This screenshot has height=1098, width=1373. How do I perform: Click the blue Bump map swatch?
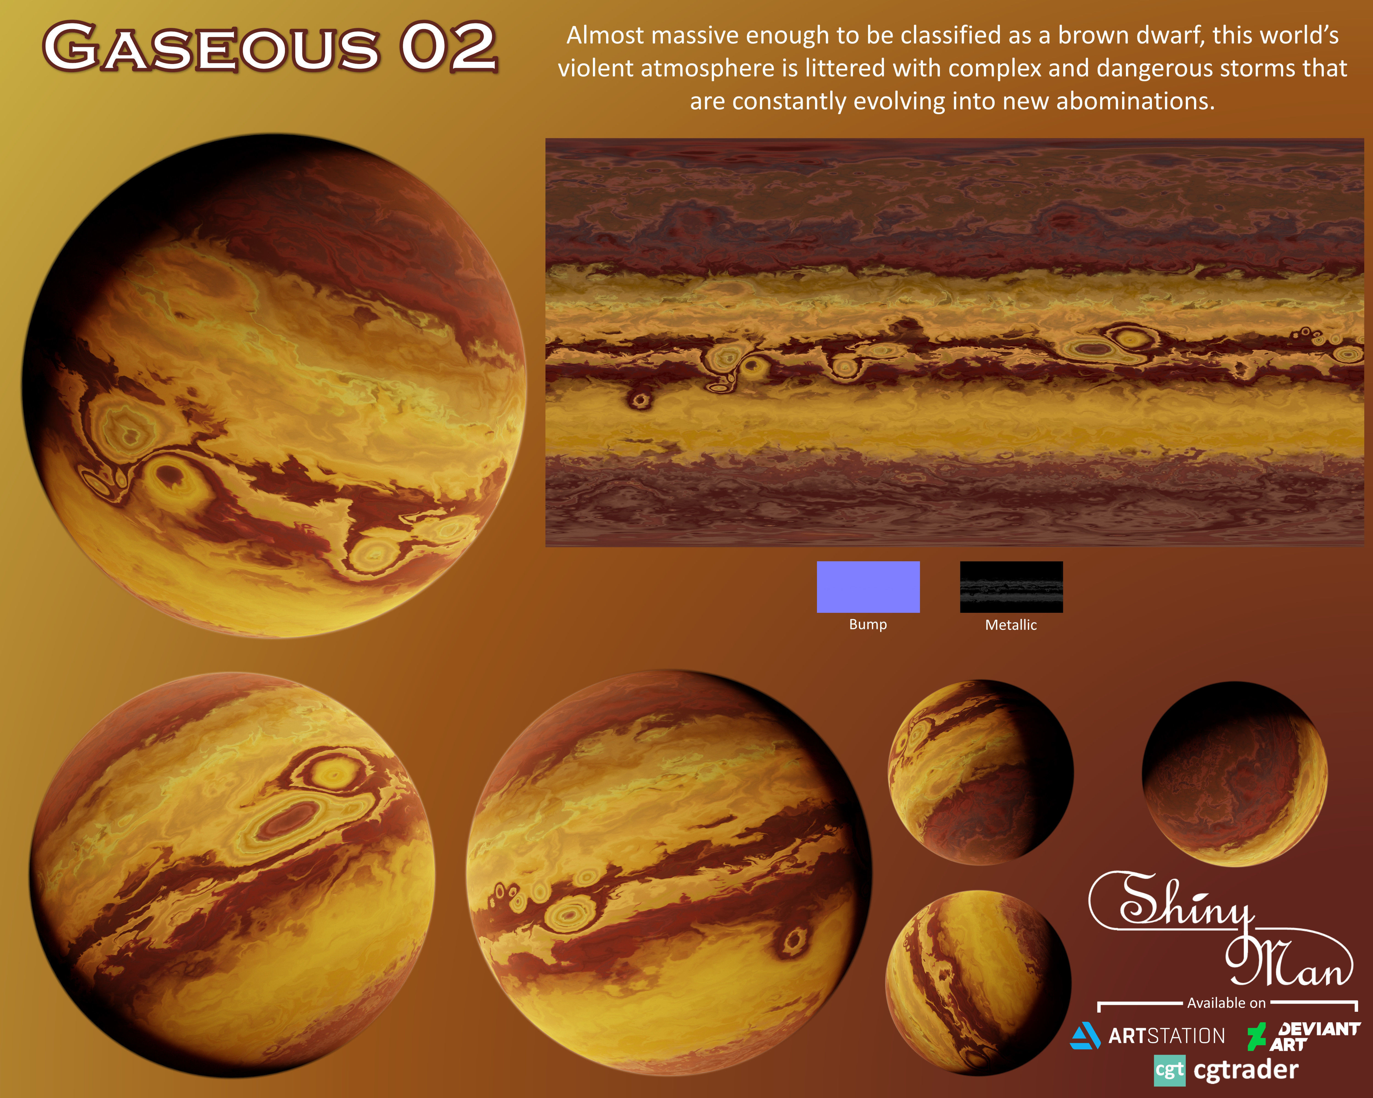point(868,587)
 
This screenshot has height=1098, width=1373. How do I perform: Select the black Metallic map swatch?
point(1011,587)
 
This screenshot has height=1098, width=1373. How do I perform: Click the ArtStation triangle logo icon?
point(1085,1036)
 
